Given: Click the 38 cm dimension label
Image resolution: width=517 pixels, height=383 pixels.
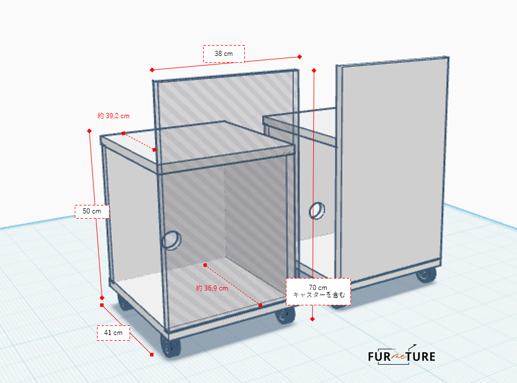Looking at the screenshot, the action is click(224, 54).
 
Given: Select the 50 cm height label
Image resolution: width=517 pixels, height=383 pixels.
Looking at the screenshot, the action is click(92, 211).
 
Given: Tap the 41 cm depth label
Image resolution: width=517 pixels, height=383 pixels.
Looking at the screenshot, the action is click(114, 333).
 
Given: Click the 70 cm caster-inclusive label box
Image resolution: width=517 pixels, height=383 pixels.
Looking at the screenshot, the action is click(318, 292).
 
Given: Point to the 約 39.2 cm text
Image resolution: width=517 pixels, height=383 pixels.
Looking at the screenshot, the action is click(114, 116).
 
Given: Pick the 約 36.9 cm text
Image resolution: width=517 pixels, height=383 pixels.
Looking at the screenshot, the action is click(212, 288).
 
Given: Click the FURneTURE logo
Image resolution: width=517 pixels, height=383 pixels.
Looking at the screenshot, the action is click(402, 355).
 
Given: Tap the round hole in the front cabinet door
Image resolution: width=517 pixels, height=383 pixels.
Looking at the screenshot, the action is click(171, 240).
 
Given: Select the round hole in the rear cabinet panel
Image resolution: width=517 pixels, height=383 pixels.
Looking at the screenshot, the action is click(317, 211).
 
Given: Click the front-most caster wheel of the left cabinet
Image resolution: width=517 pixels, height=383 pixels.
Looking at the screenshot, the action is click(171, 346).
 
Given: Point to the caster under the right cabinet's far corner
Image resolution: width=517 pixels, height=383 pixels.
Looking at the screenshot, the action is click(426, 275).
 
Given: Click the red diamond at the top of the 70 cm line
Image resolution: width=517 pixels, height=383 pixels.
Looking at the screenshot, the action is click(314, 70).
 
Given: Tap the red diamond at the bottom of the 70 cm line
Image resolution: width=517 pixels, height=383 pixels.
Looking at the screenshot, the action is click(312, 319).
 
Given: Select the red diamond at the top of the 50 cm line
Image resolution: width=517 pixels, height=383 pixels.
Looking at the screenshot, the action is click(90, 131).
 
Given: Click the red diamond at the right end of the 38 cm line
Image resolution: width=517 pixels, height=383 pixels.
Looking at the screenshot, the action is click(300, 57).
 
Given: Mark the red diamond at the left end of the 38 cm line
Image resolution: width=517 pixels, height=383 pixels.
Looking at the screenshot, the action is click(152, 70).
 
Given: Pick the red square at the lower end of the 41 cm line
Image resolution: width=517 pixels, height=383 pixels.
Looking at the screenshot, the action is click(152, 354).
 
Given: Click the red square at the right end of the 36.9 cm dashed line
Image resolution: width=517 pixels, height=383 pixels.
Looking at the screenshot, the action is click(260, 305).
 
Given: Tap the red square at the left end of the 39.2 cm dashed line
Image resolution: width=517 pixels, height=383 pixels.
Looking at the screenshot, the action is click(124, 133).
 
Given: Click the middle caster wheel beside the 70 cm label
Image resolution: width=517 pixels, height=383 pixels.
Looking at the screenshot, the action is click(285, 315).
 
